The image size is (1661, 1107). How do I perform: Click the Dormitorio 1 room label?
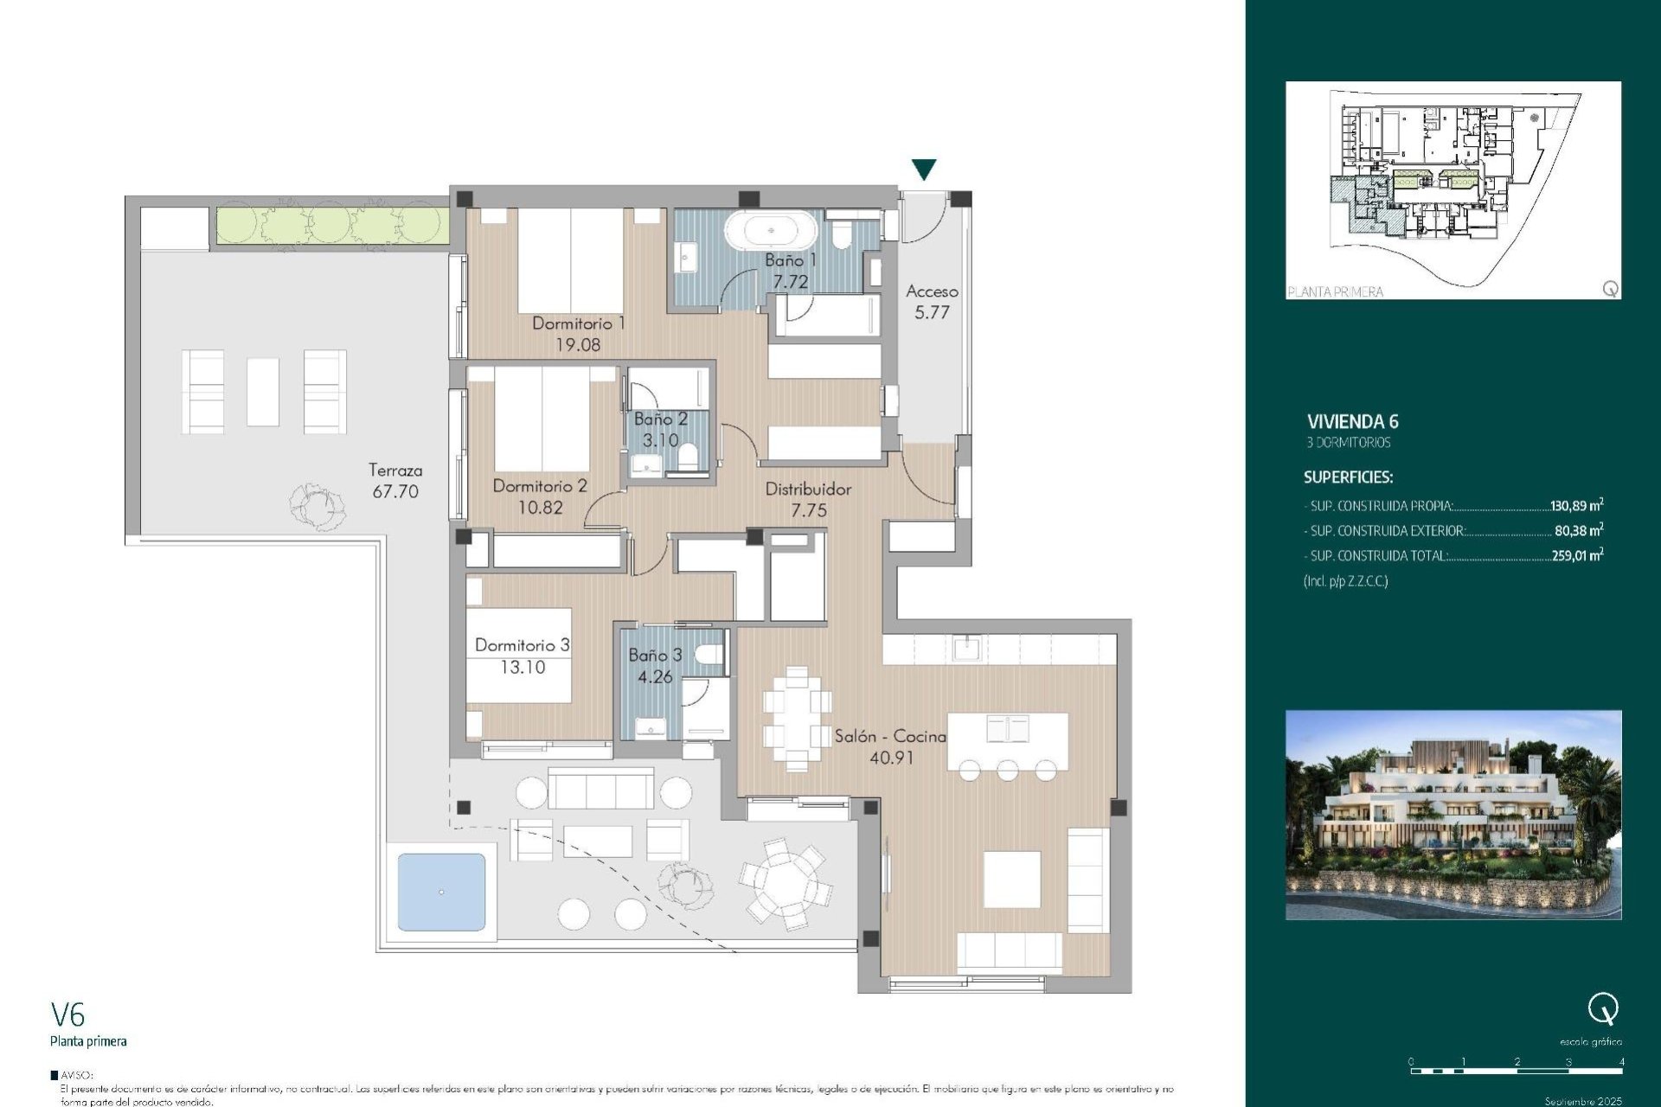tap(578, 323)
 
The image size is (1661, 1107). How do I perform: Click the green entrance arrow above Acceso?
tap(924, 169)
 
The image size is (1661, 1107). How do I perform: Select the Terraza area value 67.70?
tap(395, 492)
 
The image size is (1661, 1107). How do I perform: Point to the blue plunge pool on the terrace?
tap(441, 892)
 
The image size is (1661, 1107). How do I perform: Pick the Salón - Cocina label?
tap(890, 736)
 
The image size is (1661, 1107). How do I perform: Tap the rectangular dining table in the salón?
tap(797, 718)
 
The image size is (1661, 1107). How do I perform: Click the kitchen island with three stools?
tap(1008, 741)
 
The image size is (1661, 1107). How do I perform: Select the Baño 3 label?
tap(655, 656)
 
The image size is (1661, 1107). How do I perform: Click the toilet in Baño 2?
tap(689, 456)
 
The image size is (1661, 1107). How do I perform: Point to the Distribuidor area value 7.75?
tap(809, 511)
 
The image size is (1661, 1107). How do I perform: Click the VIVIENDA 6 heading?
tap(1352, 422)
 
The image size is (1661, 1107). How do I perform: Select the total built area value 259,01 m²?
tap(1576, 555)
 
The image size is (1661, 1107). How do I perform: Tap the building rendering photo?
tap(1453, 815)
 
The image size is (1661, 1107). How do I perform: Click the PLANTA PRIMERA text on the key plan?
tap(1335, 291)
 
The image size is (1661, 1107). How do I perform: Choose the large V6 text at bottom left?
tap(68, 1014)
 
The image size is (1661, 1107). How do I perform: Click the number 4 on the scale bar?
tap(1621, 1061)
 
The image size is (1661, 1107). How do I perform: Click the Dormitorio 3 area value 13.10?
tap(523, 668)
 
